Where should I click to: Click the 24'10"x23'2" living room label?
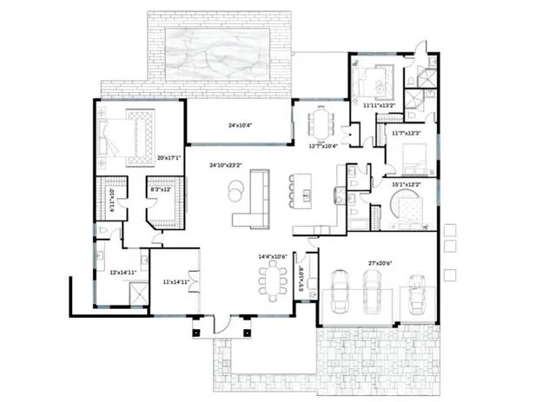pos(224,164)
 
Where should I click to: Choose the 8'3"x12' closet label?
pos(161,188)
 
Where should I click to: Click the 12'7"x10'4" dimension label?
pos(322,146)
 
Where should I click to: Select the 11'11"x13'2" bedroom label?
pos(379,105)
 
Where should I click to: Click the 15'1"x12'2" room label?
pos(407,184)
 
